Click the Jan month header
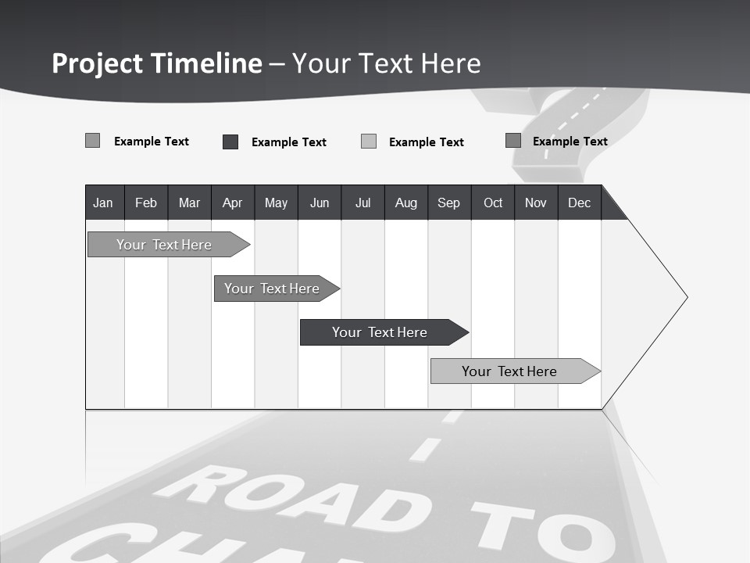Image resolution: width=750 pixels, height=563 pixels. click(x=103, y=203)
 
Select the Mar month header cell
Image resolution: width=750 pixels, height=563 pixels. click(x=189, y=203)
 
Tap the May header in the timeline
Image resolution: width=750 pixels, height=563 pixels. click(x=276, y=203)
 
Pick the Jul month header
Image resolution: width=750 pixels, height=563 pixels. click(x=362, y=203)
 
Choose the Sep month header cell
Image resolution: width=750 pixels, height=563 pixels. click(x=448, y=203)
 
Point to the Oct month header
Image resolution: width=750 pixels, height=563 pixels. click(x=493, y=203)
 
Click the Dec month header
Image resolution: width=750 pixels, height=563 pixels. click(x=579, y=203)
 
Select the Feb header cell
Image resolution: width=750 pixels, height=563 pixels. click(x=146, y=203)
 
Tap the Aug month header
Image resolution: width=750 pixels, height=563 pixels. click(x=405, y=203)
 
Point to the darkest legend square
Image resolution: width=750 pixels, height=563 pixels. click(x=230, y=142)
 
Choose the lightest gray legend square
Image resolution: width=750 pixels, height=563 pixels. click(x=369, y=142)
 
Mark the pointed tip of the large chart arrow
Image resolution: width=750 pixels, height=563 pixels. click(x=687, y=297)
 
